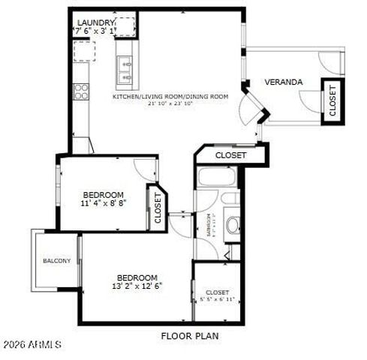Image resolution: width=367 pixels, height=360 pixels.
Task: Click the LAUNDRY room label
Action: (95, 22)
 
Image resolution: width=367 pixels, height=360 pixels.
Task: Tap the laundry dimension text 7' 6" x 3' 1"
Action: (95, 31)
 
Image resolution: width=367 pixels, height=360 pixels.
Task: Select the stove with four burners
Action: (81, 91)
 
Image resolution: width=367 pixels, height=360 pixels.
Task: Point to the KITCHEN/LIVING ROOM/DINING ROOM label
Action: (170, 96)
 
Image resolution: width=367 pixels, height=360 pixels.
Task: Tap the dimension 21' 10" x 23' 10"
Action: (170, 103)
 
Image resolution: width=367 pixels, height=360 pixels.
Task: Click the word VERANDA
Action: (284, 82)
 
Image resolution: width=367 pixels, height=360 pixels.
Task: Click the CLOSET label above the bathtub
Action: (230, 155)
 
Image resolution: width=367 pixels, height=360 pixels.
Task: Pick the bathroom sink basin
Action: (232, 224)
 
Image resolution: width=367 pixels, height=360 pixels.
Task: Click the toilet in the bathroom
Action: (231, 198)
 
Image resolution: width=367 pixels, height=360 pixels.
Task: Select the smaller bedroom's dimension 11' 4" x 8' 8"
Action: (104, 203)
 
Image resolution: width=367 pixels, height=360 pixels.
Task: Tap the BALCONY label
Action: (57, 261)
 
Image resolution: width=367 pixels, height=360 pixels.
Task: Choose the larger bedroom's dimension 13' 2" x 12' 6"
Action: (137, 286)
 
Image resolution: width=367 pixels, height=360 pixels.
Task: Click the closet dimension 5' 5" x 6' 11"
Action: (218, 300)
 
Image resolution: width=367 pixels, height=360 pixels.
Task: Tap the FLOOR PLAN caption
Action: (190, 336)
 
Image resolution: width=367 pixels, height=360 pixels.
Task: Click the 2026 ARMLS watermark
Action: (32, 343)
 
